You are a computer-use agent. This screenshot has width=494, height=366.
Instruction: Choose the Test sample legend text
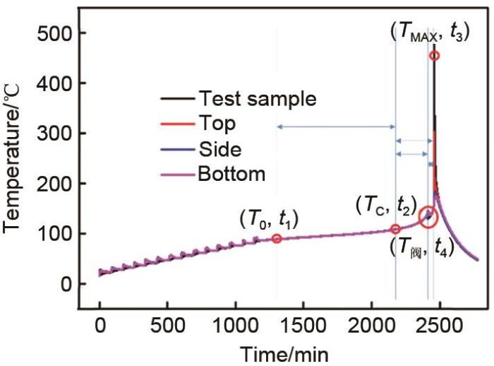click(258, 98)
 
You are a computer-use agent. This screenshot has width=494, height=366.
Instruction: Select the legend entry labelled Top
click(217, 124)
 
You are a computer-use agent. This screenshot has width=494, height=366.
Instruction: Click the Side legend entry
click(220, 148)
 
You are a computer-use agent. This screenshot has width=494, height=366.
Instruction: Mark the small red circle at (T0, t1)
click(277, 239)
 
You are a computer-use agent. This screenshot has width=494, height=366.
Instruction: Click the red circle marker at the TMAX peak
click(435, 55)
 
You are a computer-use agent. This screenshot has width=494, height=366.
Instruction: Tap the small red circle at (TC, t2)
click(395, 229)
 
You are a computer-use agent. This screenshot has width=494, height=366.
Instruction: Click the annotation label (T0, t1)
click(269, 219)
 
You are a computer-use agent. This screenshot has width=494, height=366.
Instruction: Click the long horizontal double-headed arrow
click(336, 127)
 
